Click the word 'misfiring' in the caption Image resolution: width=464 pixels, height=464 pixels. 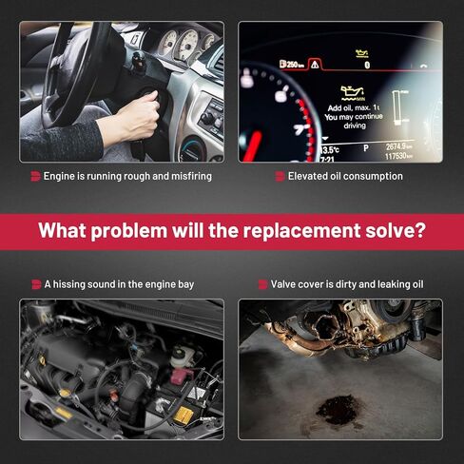click(x=191, y=176)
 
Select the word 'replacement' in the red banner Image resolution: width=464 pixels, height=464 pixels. click(x=301, y=231)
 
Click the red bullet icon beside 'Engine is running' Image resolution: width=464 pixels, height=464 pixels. click(x=35, y=176)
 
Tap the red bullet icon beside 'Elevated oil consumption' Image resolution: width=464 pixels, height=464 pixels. click(x=280, y=176)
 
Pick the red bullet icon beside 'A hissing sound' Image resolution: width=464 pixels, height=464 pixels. click(x=36, y=284)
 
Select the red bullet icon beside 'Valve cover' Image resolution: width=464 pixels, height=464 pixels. click(x=262, y=284)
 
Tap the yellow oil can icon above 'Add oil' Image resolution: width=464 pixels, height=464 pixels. click(x=353, y=93)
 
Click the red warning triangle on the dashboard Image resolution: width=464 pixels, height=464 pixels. click(x=315, y=65)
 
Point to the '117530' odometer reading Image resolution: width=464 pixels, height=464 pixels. click(x=398, y=156)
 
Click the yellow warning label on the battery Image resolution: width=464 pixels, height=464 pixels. click(x=184, y=415)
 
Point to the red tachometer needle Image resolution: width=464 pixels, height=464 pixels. click(x=252, y=146)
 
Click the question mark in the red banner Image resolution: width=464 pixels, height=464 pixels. click(x=419, y=229)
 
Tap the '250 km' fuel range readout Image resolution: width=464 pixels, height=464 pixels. click(x=292, y=65)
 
